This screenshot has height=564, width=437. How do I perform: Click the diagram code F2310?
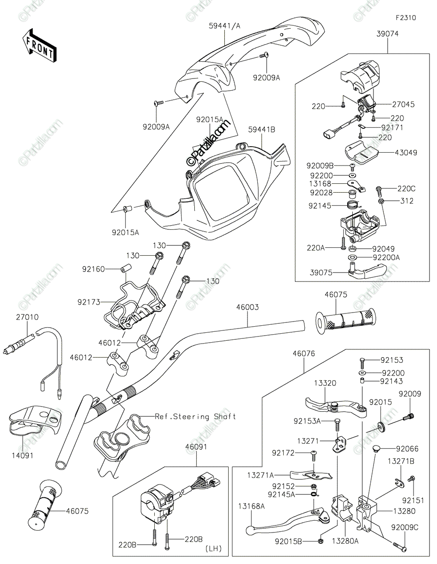click(x=405, y=18)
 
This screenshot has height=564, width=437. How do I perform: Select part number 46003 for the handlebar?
click(x=247, y=307)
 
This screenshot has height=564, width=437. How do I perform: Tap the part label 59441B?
click(x=262, y=130)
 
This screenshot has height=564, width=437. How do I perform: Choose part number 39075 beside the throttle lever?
click(x=321, y=273)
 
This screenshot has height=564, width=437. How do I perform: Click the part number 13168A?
click(x=252, y=506)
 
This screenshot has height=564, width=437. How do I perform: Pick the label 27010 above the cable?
click(x=27, y=317)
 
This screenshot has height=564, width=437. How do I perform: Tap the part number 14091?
click(x=22, y=455)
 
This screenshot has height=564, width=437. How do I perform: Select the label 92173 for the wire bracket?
click(x=89, y=302)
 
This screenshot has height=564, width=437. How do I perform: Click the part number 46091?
click(x=196, y=446)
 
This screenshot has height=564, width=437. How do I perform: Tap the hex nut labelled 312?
click(x=381, y=201)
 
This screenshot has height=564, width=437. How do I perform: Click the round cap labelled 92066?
click(x=376, y=448)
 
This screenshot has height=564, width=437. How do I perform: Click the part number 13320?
click(x=325, y=383)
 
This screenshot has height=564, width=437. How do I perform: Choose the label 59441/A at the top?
click(x=225, y=26)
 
